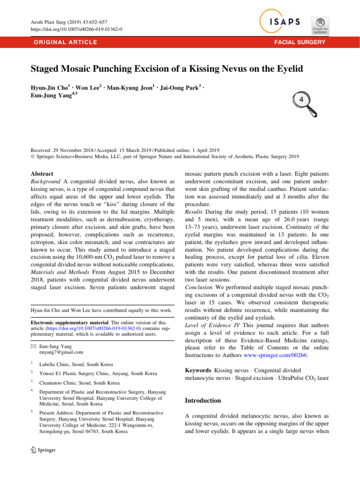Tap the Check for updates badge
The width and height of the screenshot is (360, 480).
[320, 24]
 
